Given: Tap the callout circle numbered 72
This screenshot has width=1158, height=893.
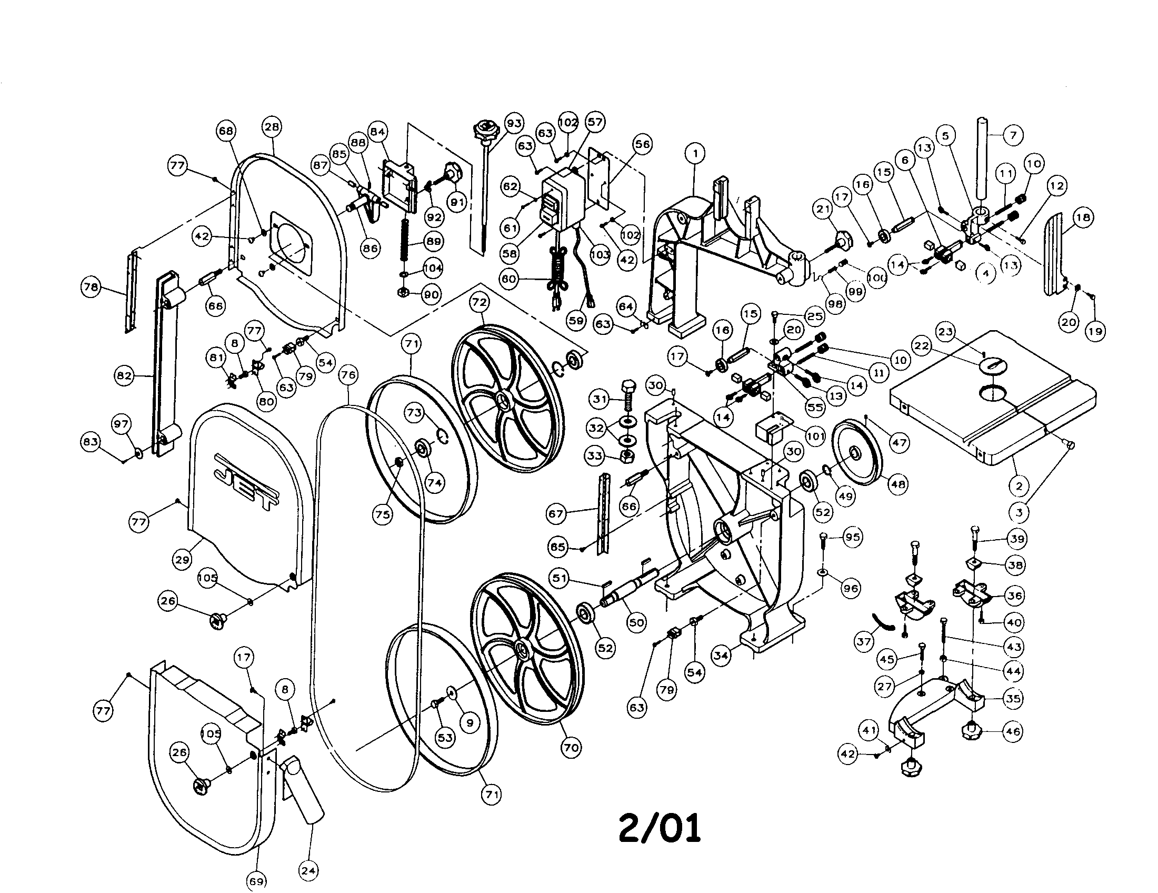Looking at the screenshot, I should [x=480, y=302].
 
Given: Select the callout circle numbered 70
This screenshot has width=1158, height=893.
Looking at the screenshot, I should [x=571, y=747].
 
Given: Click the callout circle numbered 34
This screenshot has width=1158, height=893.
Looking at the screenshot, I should [x=721, y=656].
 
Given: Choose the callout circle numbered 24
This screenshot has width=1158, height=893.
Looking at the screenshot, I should [x=308, y=870].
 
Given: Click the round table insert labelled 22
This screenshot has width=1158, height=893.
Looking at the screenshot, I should [x=990, y=365].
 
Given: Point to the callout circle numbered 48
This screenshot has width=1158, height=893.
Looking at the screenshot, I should [x=897, y=483].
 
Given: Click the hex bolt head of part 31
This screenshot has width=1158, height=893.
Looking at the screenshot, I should [x=627, y=385].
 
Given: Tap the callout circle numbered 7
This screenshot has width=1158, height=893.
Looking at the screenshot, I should [x=1013, y=135].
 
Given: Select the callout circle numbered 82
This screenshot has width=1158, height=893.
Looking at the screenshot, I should [x=124, y=376].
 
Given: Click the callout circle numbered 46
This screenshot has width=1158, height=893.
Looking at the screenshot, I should [x=1013, y=731].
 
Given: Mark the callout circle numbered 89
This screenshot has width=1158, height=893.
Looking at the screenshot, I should [x=434, y=241].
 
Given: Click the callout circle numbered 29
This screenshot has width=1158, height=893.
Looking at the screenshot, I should [x=182, y=560].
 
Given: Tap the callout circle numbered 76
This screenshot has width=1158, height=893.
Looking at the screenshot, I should [x=348, y=375].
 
